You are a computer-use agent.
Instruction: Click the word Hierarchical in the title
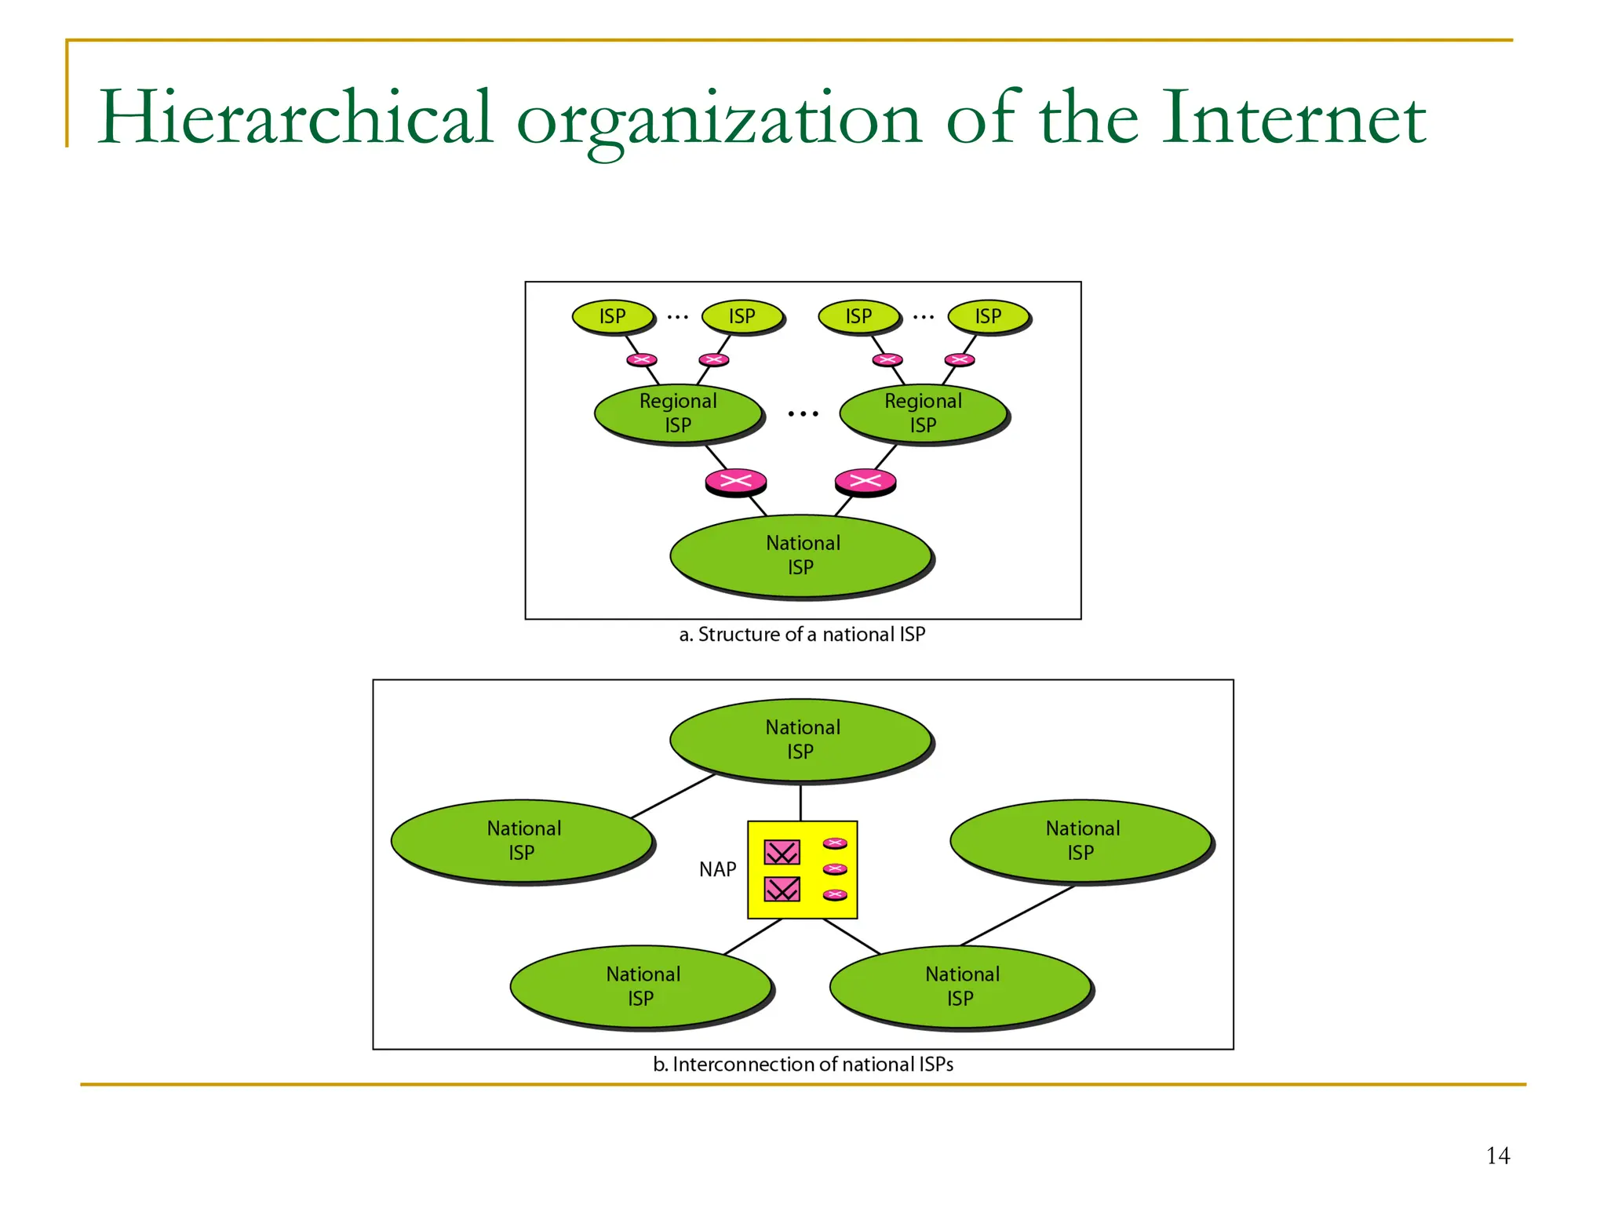(295, 118)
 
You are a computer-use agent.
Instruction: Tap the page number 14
(1497, 1156)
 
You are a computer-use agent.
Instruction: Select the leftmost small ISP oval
(613, 316)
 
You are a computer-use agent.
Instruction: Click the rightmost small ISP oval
(988, 316)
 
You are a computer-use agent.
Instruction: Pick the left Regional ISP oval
(678, 413)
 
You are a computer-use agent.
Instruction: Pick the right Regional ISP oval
(924, 413)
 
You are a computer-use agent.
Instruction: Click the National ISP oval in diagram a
(801, 555)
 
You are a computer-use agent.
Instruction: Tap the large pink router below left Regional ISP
(735, 480)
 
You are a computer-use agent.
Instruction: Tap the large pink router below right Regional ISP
(865, 480)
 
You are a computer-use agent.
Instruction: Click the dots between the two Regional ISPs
(803, 413)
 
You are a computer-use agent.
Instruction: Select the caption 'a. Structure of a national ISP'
(802, 634)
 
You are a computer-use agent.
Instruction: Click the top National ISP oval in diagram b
(801, 739)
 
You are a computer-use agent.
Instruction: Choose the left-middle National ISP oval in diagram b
(523, 840)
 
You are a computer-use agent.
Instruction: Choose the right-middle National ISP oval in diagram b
(1081, 840)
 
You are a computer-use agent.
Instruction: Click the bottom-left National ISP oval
(641, 986)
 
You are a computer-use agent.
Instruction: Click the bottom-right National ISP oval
(960, 986)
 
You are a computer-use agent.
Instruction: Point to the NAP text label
(717, 869)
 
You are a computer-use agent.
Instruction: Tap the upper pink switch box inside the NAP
(782, 852)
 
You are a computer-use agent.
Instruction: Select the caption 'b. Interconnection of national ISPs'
(803, 1065)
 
